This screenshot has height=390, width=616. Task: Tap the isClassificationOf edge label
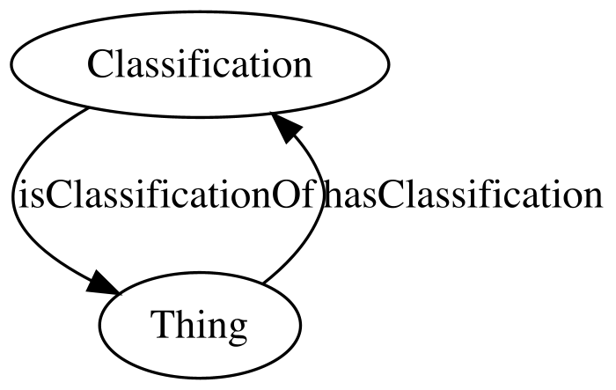click(166, 195)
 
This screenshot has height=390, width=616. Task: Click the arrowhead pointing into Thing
click(103, 283)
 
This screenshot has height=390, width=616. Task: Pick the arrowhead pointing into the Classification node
click(285, 127)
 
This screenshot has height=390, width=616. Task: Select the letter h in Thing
click(185, 324)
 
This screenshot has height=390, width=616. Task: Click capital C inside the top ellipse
click(100, 64)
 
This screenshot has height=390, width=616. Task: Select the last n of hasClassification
click(591, 199)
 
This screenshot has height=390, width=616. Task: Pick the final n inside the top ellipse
click(302, 69)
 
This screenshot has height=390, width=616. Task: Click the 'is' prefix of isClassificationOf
click(26, 195)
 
